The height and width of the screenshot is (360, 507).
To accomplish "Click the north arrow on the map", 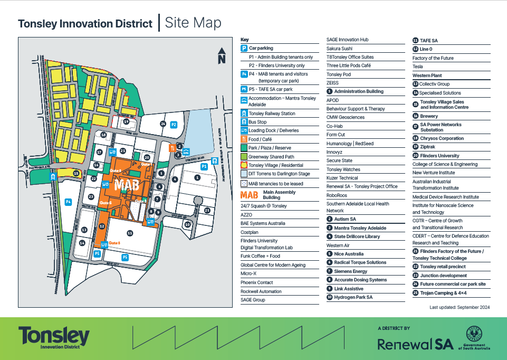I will coord(222,55).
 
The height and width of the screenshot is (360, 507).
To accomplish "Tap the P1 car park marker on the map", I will coord(204,166).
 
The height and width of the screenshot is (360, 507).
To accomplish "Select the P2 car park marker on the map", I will coord(174,125).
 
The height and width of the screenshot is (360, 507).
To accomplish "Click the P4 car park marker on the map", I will coord(68,202).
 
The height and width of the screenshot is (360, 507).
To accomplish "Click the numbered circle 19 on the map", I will coord(126,122).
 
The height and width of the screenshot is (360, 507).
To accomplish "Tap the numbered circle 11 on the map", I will coord(130,233).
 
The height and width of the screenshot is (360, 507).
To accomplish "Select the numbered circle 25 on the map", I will coord(207,210).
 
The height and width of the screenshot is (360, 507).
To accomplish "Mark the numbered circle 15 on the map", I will coord(76,173).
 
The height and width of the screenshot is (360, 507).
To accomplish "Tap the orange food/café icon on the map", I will coord(172,148).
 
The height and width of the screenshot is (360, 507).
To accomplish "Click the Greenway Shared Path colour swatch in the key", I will coord(244,156).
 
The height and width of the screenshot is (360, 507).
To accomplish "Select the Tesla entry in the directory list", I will coord(418,67).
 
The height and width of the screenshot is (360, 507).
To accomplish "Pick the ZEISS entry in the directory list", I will coord(332,83).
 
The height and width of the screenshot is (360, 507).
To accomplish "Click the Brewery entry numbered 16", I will coord(429,116).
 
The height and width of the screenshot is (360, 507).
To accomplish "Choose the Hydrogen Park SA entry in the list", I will coord(353,297).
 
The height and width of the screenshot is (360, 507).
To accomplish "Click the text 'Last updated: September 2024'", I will coord(460,307).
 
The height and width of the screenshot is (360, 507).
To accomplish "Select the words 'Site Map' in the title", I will coord(193,23).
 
